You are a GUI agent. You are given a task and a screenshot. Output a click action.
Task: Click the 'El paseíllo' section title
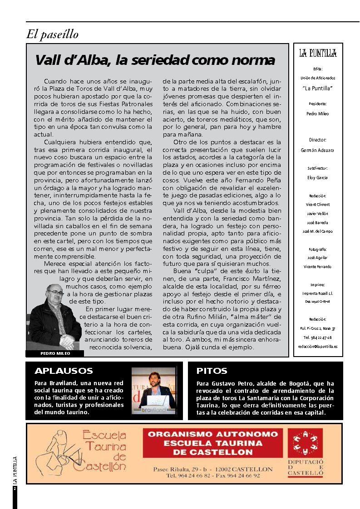53,34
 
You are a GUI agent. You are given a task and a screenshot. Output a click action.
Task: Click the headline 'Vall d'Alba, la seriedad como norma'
155,60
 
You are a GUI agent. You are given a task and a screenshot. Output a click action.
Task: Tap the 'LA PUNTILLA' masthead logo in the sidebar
318,54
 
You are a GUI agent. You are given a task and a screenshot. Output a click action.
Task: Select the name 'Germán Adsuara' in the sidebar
317,150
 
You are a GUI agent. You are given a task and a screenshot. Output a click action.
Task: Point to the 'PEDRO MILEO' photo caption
54,353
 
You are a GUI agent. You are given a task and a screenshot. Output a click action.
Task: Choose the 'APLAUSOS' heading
64,371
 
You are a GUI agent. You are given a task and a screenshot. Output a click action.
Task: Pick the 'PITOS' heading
212,371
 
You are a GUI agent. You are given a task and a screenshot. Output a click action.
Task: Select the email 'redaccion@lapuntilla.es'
317,346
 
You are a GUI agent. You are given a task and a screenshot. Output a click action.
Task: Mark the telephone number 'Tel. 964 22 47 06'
317,338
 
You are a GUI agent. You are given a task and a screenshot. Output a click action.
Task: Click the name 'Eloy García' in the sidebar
317,178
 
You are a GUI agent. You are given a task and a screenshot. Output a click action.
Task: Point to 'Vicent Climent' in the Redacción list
317,205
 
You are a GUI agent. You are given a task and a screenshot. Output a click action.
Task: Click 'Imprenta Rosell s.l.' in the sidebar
317,294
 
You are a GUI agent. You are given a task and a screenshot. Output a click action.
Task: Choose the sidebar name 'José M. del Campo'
317,231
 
